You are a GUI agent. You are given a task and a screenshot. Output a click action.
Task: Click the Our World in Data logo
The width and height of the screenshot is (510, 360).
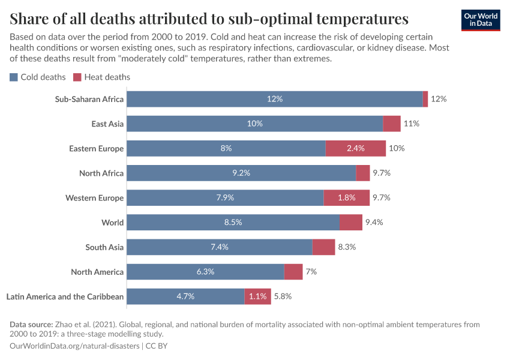(x=480, y=20)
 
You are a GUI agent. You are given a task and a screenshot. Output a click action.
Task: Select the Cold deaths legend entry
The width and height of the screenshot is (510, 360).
(x=37, y=77)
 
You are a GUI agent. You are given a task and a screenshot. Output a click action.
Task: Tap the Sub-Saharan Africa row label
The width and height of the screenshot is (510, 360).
(x=89, y=99)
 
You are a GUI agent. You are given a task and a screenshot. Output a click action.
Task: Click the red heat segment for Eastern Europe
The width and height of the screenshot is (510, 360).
(x=355, y=148)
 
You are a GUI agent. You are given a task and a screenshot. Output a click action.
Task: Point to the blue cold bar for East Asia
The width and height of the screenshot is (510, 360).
(x=254, y=124)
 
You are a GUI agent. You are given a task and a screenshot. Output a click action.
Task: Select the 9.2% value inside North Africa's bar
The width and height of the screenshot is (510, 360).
(x=241, y=173)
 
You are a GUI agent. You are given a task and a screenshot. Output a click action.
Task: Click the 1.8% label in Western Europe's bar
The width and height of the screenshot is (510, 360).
(x=346, y=197)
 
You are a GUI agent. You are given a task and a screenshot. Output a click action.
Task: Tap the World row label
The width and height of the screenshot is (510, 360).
(x=112, y=223)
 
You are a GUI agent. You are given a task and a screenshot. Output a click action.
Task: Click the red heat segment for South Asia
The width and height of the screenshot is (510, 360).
(x=323, y=247)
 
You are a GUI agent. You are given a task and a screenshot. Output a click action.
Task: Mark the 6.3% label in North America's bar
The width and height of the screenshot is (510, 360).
(x=205, y=271)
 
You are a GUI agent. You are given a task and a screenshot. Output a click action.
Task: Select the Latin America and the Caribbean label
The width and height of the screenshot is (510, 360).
(x=65, y=296)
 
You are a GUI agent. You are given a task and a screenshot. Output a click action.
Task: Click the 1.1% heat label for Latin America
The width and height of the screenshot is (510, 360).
(x=257, y=296)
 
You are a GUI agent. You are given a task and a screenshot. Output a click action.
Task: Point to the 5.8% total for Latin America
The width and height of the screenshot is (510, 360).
(x=283, y=296)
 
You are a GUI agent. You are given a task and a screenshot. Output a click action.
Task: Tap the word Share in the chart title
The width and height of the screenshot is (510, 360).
(x=30, y=18)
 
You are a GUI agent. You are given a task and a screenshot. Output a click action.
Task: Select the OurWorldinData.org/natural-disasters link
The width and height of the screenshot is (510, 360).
(x=74, y=346)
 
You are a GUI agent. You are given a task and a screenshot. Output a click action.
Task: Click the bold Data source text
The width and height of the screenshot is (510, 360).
(x=31, y=325)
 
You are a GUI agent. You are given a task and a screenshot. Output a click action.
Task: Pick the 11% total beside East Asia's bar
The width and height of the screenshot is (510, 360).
(x=411, y=124)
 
